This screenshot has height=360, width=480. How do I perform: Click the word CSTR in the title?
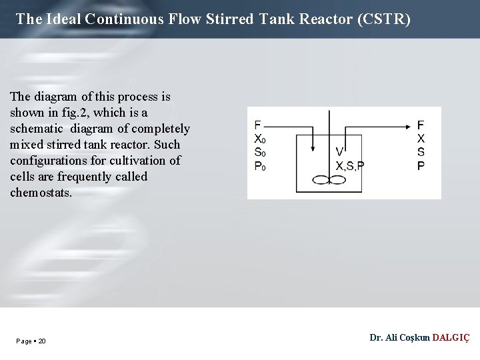click(x=383, y=19)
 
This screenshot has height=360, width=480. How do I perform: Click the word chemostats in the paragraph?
click(x=41, y=193)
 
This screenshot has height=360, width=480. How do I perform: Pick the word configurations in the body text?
click(x=45, y=161)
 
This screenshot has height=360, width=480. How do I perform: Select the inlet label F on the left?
click(x=257, y=125)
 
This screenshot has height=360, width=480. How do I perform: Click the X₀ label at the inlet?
click(x=260, y=139)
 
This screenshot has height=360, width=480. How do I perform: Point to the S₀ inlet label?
click(x=260, y=153)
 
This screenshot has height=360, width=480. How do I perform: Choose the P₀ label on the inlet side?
click(x=260, y=166)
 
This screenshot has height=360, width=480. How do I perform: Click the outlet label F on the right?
click(x=421, y=125)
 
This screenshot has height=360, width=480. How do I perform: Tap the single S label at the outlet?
click(x=421, y=153)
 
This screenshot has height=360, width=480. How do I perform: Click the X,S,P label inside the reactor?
click(x=349, y=166)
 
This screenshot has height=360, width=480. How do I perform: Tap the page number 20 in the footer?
click(x=42, y=341)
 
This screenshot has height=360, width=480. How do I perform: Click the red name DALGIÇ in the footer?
click(x=451, y=338)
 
